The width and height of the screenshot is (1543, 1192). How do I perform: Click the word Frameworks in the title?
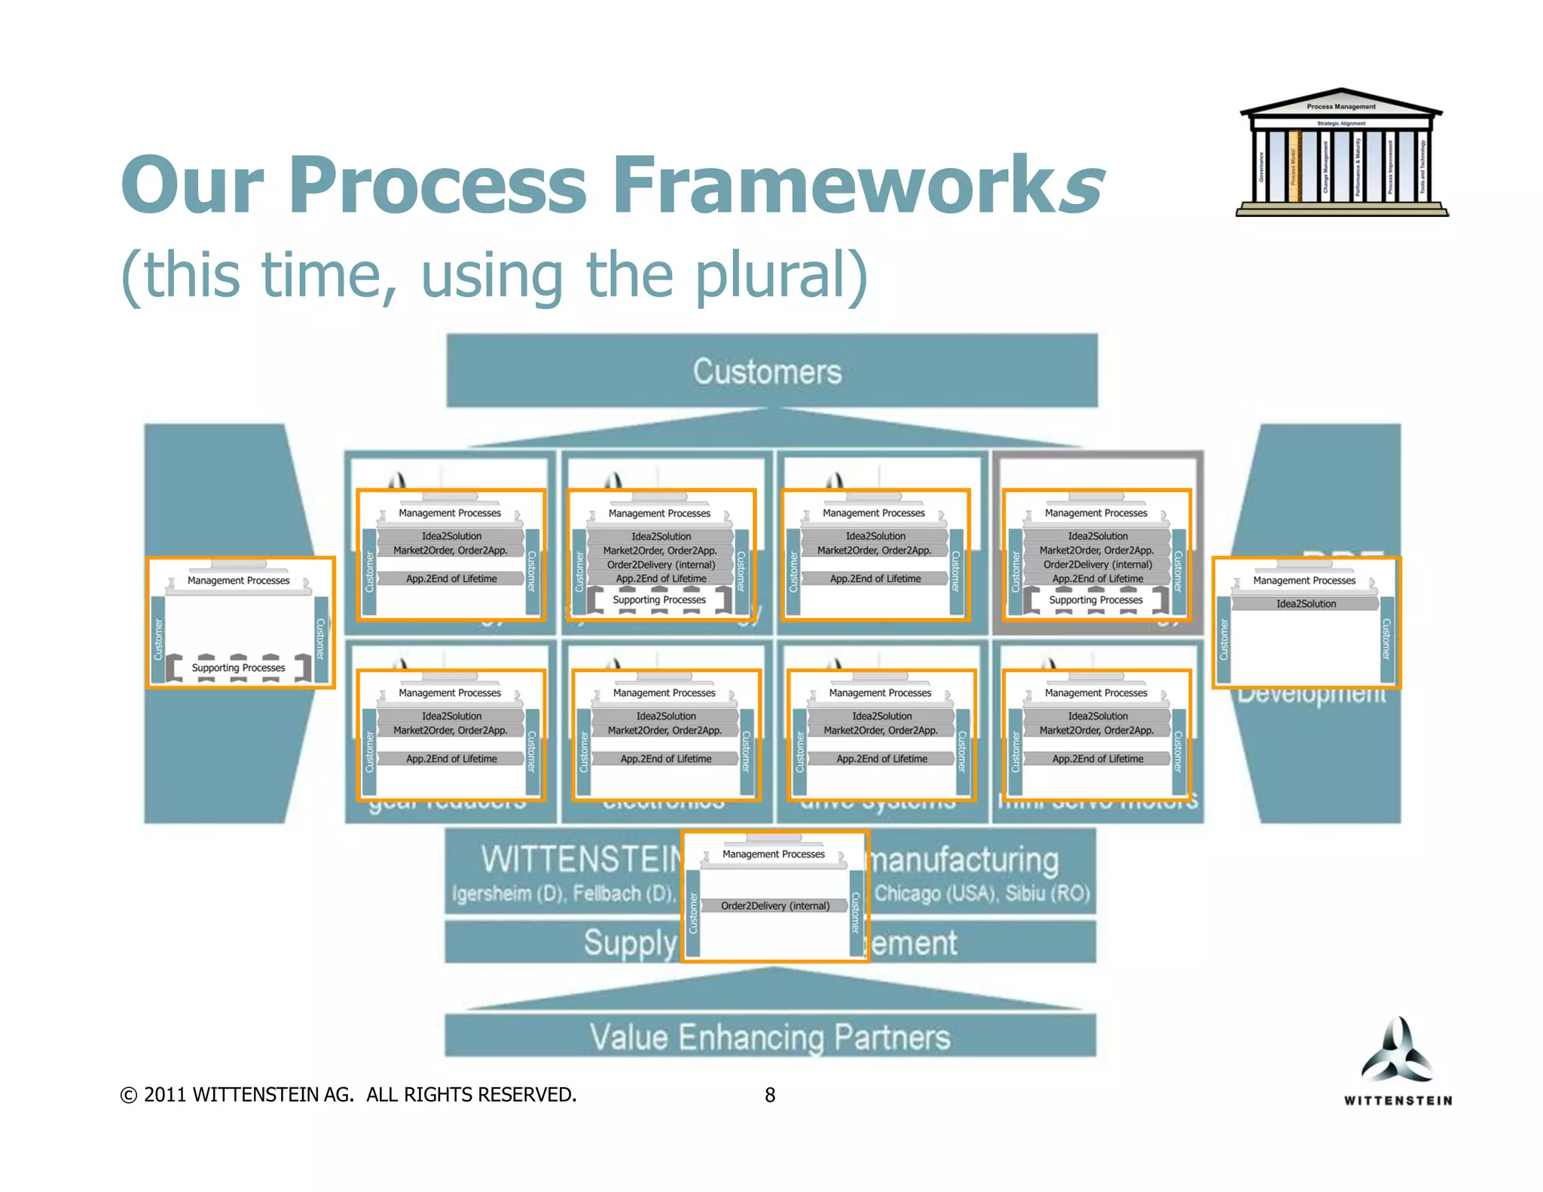(857, 185)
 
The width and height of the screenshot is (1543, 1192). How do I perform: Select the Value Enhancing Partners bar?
(769, 1038)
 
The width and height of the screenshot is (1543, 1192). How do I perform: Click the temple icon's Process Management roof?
(1340, 106)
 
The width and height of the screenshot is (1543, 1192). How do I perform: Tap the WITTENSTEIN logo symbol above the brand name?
(1397, 1051)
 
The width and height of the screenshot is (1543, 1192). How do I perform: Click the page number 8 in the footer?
(769, 1096)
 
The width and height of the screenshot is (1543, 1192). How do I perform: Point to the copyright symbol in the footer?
(129, 1096)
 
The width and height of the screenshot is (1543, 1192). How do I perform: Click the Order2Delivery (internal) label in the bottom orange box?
(775, 906)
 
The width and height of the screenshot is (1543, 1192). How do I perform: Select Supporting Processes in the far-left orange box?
(238, 668)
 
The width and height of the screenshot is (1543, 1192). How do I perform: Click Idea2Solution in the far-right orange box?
(1306, 604)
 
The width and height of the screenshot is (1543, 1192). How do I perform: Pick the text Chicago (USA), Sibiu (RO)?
(982, 894)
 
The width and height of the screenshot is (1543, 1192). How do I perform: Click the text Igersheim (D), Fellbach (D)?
(564, 894)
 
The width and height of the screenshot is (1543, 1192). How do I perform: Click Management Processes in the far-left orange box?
(238, 580)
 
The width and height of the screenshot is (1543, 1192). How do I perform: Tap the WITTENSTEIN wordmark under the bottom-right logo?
(1398, 1101)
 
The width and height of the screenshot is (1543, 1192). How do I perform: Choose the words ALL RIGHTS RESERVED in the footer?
(471, 1096)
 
